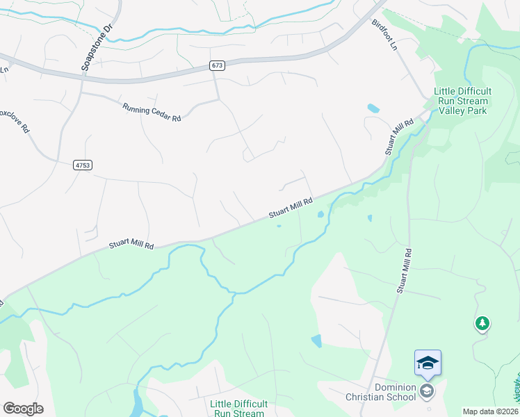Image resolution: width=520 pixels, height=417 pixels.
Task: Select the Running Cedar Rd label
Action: tap(152, 113)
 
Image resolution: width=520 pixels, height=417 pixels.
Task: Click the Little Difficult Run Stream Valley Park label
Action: tap(462, 101)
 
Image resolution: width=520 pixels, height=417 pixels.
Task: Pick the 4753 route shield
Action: tap(81, 165)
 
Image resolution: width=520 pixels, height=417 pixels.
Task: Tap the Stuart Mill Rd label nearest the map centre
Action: tap(291, 207)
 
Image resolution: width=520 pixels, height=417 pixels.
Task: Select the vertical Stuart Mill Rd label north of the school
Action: tap(404, 270)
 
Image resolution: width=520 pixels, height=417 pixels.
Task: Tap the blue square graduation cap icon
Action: tap(428, 363)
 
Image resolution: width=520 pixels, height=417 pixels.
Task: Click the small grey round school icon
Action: tap(428, 392)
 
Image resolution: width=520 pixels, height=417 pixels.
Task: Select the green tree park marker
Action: tap(482, 323)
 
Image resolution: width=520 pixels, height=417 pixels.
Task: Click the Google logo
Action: tap(23, 409)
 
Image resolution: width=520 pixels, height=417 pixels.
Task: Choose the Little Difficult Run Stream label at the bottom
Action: tap(237, 408)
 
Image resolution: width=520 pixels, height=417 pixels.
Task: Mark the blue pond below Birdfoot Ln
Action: tap(373, 108)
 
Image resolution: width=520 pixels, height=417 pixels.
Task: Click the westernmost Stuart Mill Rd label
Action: tap(131, 245)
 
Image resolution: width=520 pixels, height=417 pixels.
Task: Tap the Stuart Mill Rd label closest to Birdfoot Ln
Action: tap(399, 137)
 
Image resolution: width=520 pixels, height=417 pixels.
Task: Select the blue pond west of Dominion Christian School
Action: tap(317, 341)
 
